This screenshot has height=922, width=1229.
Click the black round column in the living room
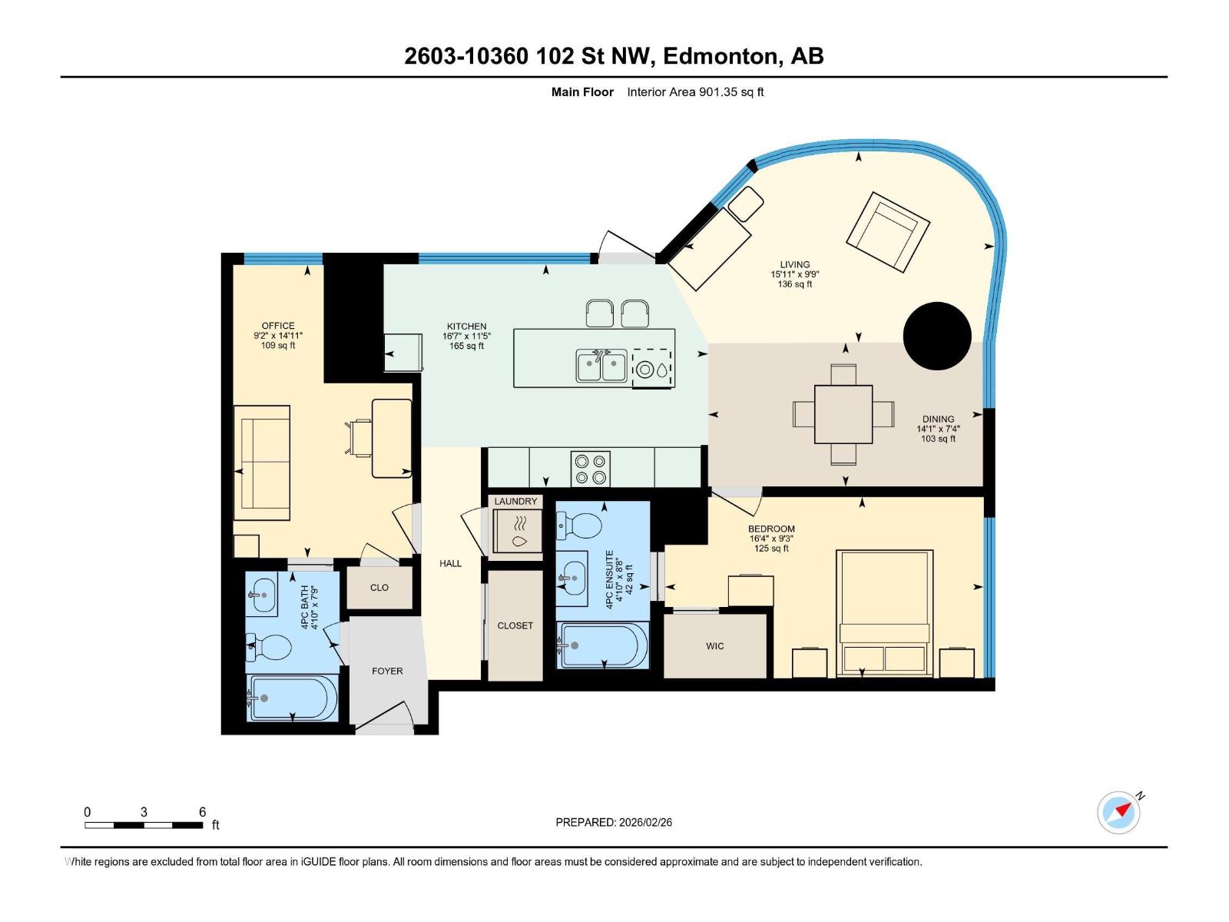937,336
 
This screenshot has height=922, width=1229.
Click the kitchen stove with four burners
591,469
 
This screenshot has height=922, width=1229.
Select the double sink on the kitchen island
601,366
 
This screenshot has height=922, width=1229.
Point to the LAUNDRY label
515,501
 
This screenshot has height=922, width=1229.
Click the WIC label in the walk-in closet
714,646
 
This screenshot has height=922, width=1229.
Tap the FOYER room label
387,671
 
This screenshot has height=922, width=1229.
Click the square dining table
843,414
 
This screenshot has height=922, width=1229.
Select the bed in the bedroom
884,612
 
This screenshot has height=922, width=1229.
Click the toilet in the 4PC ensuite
581,527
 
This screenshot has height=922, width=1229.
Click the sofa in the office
262,463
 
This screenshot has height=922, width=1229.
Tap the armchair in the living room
888,232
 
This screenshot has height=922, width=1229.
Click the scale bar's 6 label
203,812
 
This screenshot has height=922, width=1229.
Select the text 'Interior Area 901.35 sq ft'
695,92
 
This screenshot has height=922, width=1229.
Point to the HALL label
451,563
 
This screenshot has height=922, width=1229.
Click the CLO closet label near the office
379,588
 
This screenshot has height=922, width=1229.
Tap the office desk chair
359,436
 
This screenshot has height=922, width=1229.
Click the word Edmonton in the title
721,56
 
